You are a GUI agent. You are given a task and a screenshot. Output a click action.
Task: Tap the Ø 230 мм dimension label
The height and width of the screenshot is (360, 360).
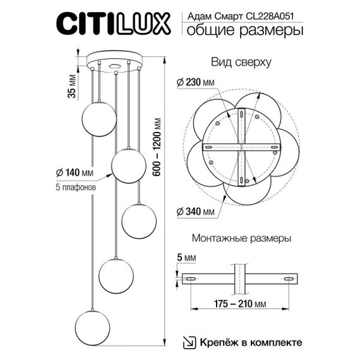[195, 83]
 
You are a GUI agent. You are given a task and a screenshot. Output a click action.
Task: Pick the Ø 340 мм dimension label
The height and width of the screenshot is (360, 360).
[196, 210]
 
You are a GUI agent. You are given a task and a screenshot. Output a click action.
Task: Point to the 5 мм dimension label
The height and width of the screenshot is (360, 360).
[188, 258]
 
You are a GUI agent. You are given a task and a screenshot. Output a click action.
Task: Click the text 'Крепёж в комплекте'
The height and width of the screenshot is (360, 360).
[251, 342]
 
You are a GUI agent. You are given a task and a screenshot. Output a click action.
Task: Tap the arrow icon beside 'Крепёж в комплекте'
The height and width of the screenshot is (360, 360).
[188, 342]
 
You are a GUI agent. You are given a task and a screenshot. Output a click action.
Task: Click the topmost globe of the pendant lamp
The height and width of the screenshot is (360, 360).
[99, 117]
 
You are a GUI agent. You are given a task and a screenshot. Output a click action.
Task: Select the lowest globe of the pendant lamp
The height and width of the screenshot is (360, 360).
[92, 325]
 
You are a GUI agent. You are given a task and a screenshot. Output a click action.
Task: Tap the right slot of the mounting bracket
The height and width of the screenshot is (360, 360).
[289, 279]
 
